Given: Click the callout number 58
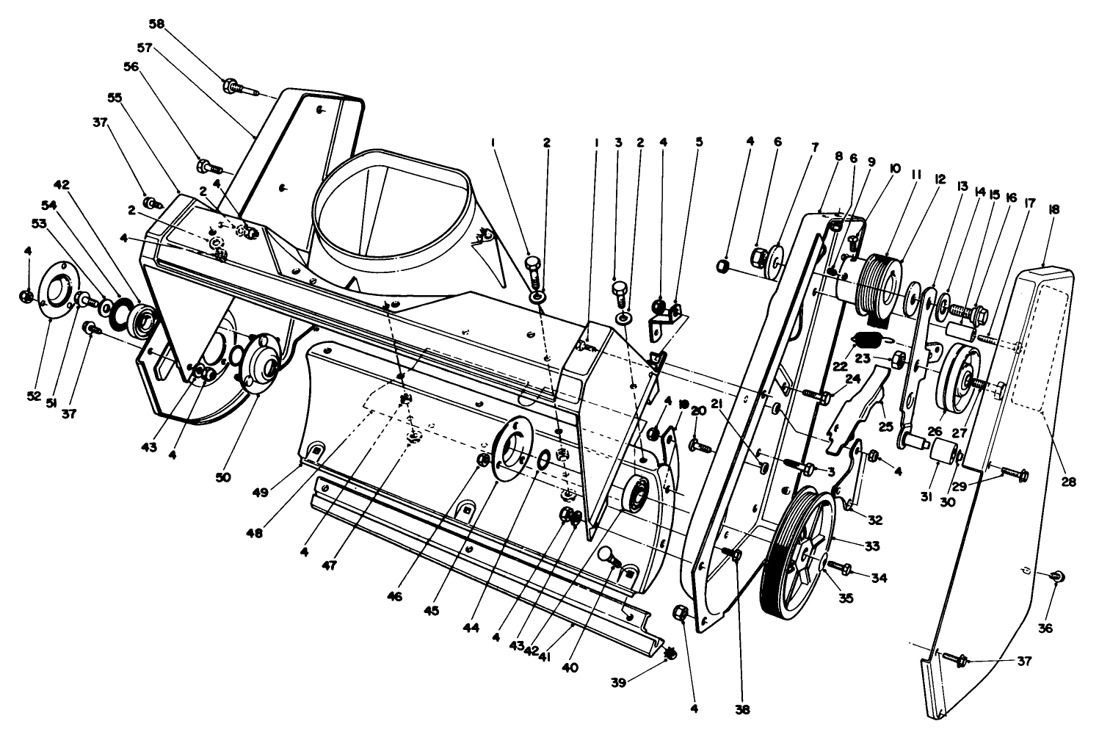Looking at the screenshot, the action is (x=157, y=23).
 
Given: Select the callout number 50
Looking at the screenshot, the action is (x=222, y=477).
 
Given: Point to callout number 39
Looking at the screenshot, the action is (x=618, y=683).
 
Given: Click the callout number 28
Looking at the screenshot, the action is (x=1069, y=482).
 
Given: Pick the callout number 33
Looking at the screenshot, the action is (x=872, y=546).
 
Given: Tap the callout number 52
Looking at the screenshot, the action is (x=33, y=396).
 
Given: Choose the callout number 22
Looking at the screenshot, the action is (x=839, y=366).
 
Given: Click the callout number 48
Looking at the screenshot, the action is (x=255, y=532).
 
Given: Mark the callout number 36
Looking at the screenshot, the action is (x=1045, y=628).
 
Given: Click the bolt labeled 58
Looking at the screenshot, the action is (x=242, y=88).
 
